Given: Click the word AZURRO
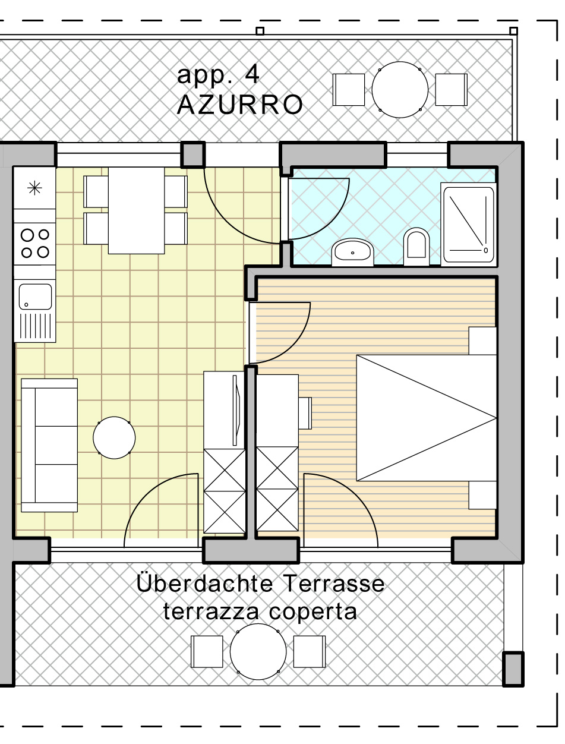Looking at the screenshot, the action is coord(239,105).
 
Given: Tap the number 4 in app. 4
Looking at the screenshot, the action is coord(252,74).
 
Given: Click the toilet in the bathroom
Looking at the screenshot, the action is coord(416,247).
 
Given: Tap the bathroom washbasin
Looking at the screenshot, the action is coord(352,252).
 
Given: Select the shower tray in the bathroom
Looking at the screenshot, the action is coord(469,225).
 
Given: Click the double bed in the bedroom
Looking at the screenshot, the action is coord(426,418).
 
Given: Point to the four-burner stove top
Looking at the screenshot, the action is coord(35,244).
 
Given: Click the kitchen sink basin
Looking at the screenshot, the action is coord(35,297).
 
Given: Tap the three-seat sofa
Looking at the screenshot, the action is coord(49,445).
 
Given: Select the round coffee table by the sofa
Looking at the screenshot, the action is coord(114,437).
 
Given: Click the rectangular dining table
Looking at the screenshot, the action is coord(136,210).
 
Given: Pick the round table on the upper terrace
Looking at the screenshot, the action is coord(400,90).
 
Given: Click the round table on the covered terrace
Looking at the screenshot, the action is coord(258,651).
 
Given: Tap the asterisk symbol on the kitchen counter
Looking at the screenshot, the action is coord(34,188).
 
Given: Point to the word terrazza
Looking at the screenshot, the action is coord(211,611).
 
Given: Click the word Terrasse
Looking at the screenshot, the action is coord(334,583).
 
